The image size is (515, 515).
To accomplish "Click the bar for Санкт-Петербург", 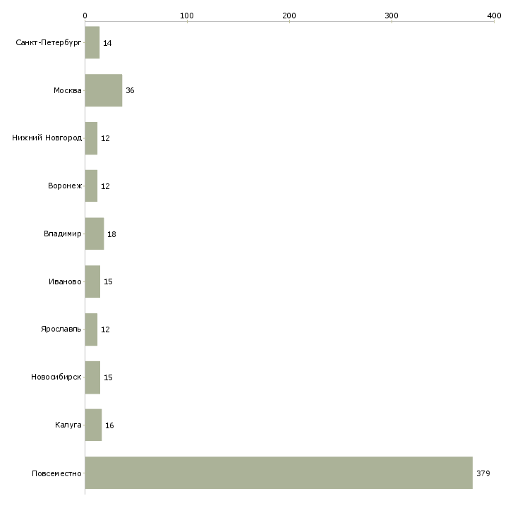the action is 92,42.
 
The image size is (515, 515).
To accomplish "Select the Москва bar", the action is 104,90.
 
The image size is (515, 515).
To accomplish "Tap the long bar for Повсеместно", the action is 279,473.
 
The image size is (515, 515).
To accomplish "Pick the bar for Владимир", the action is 95,234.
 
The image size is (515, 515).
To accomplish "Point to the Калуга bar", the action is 93,425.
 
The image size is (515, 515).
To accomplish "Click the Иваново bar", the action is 92,281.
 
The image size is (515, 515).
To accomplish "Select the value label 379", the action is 483,473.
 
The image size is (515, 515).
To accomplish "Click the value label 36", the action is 130,90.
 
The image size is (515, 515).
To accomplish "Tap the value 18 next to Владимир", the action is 111,234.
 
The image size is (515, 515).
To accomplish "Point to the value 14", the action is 107,43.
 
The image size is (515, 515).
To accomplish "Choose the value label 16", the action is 109,425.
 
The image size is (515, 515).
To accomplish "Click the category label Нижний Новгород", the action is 47,138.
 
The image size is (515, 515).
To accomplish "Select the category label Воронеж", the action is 65,186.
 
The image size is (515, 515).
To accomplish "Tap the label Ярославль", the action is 61,329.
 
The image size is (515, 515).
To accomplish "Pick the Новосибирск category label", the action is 56,377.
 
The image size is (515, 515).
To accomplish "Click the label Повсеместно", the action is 56,473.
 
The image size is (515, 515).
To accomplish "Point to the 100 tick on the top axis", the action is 187,16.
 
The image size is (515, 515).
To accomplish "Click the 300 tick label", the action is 392,16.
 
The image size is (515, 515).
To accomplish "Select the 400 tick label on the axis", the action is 494,16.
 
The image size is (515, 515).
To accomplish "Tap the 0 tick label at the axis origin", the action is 85,16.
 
